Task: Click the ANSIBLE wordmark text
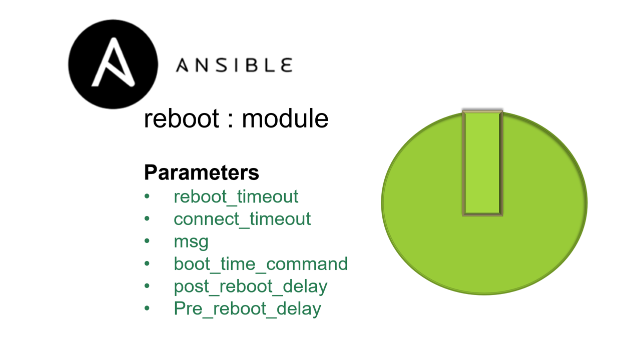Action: click(x=234, y=65)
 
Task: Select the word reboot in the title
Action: click(x=182, y=119)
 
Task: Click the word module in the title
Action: click(x=285, y=119)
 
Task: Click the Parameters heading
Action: click(x=201, y=172)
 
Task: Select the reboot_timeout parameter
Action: click(x=236, y=196)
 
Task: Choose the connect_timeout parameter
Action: click(x=242, y=219)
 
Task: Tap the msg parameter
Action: click(x=191, y=242)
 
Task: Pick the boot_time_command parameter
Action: click(x=260, y=264)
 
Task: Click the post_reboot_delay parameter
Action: click(x=250, y=286)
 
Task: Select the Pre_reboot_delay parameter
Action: click(x=247, y=309)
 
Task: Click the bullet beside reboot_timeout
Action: click(x=147, y=196)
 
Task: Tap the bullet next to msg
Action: click(x=147, y=241)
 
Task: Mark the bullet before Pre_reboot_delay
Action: click(x=147, y=309)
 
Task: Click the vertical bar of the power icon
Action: click(x=482, y=163)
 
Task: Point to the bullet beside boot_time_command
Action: click(x=147, y=264)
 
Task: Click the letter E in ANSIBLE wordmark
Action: click(x=286, y=65)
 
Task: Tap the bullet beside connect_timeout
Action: click(x=147, y=219)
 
